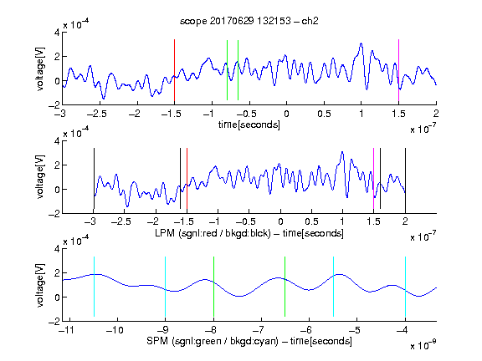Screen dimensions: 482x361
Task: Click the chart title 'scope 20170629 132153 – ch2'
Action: (x=249, y=21)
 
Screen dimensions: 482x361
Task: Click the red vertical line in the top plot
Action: (x=174, y=70)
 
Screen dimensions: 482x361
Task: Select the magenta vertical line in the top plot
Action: (x=398, y=70)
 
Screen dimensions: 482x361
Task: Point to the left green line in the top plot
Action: (x=227, y=70)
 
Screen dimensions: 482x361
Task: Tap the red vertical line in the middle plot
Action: (x=187, y=178)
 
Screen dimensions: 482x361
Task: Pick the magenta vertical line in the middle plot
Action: (x=373, y=178)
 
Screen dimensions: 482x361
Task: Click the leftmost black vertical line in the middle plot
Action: (x=94, y=178)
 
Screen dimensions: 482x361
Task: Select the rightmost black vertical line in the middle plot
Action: (x=405, y=178)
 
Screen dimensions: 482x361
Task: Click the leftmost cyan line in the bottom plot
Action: (x=94, y=287)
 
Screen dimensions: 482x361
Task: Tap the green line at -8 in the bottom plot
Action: (x=213, y=287)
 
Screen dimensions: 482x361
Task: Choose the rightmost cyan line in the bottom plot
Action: (x=405, y=287)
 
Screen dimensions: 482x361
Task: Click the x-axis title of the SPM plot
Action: (x=249, y=341)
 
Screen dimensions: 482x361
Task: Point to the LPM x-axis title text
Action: (x=249, y=233)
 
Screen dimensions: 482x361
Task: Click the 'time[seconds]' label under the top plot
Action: (x=249, y=125)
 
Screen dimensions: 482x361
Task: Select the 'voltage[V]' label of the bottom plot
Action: (x=40, y=285)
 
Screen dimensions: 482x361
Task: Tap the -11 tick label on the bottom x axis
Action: (x=67, y=330)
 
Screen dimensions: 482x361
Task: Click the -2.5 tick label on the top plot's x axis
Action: (x=97, y=114)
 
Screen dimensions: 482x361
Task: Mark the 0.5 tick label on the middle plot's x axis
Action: (x=311, y=221)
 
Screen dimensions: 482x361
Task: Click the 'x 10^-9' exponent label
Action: (x=423, y=344)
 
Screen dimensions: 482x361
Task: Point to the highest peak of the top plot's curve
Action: (x=361, y=43)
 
